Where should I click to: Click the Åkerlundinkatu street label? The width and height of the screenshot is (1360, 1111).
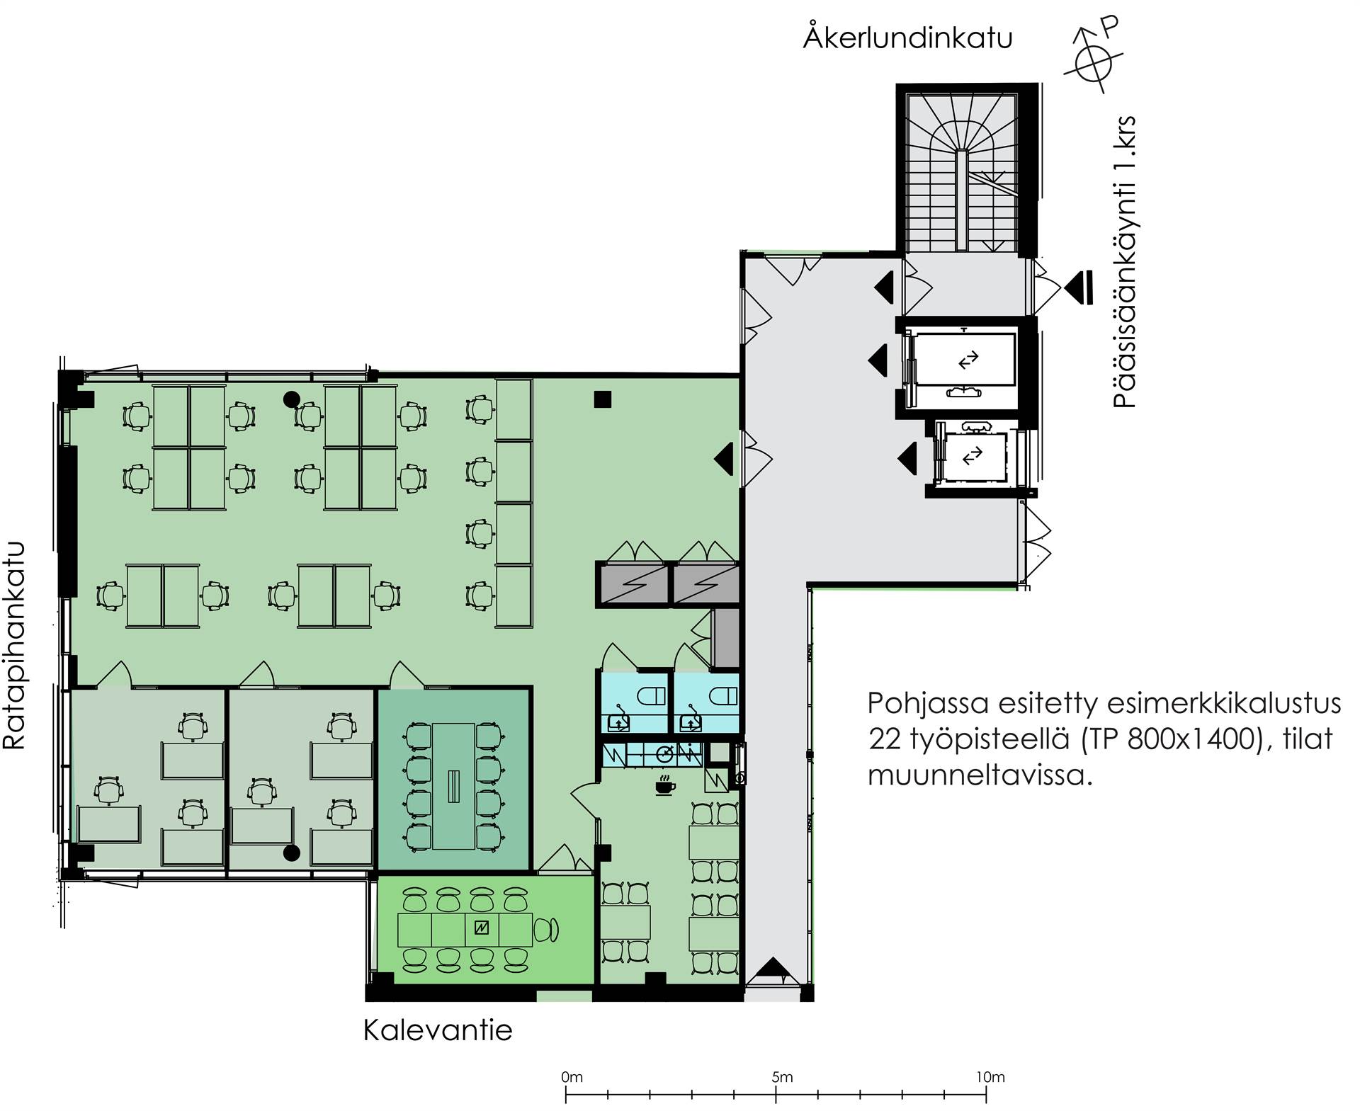point(907,37)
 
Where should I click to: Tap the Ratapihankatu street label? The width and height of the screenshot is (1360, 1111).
point(15,645)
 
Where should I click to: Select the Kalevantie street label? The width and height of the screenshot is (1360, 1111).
point(438,1030)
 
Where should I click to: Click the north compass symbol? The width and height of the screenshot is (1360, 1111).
point(1093,57)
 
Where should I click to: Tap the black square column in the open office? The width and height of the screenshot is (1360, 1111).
point(602,399)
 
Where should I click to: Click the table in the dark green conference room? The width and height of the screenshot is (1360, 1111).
point(453,787)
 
